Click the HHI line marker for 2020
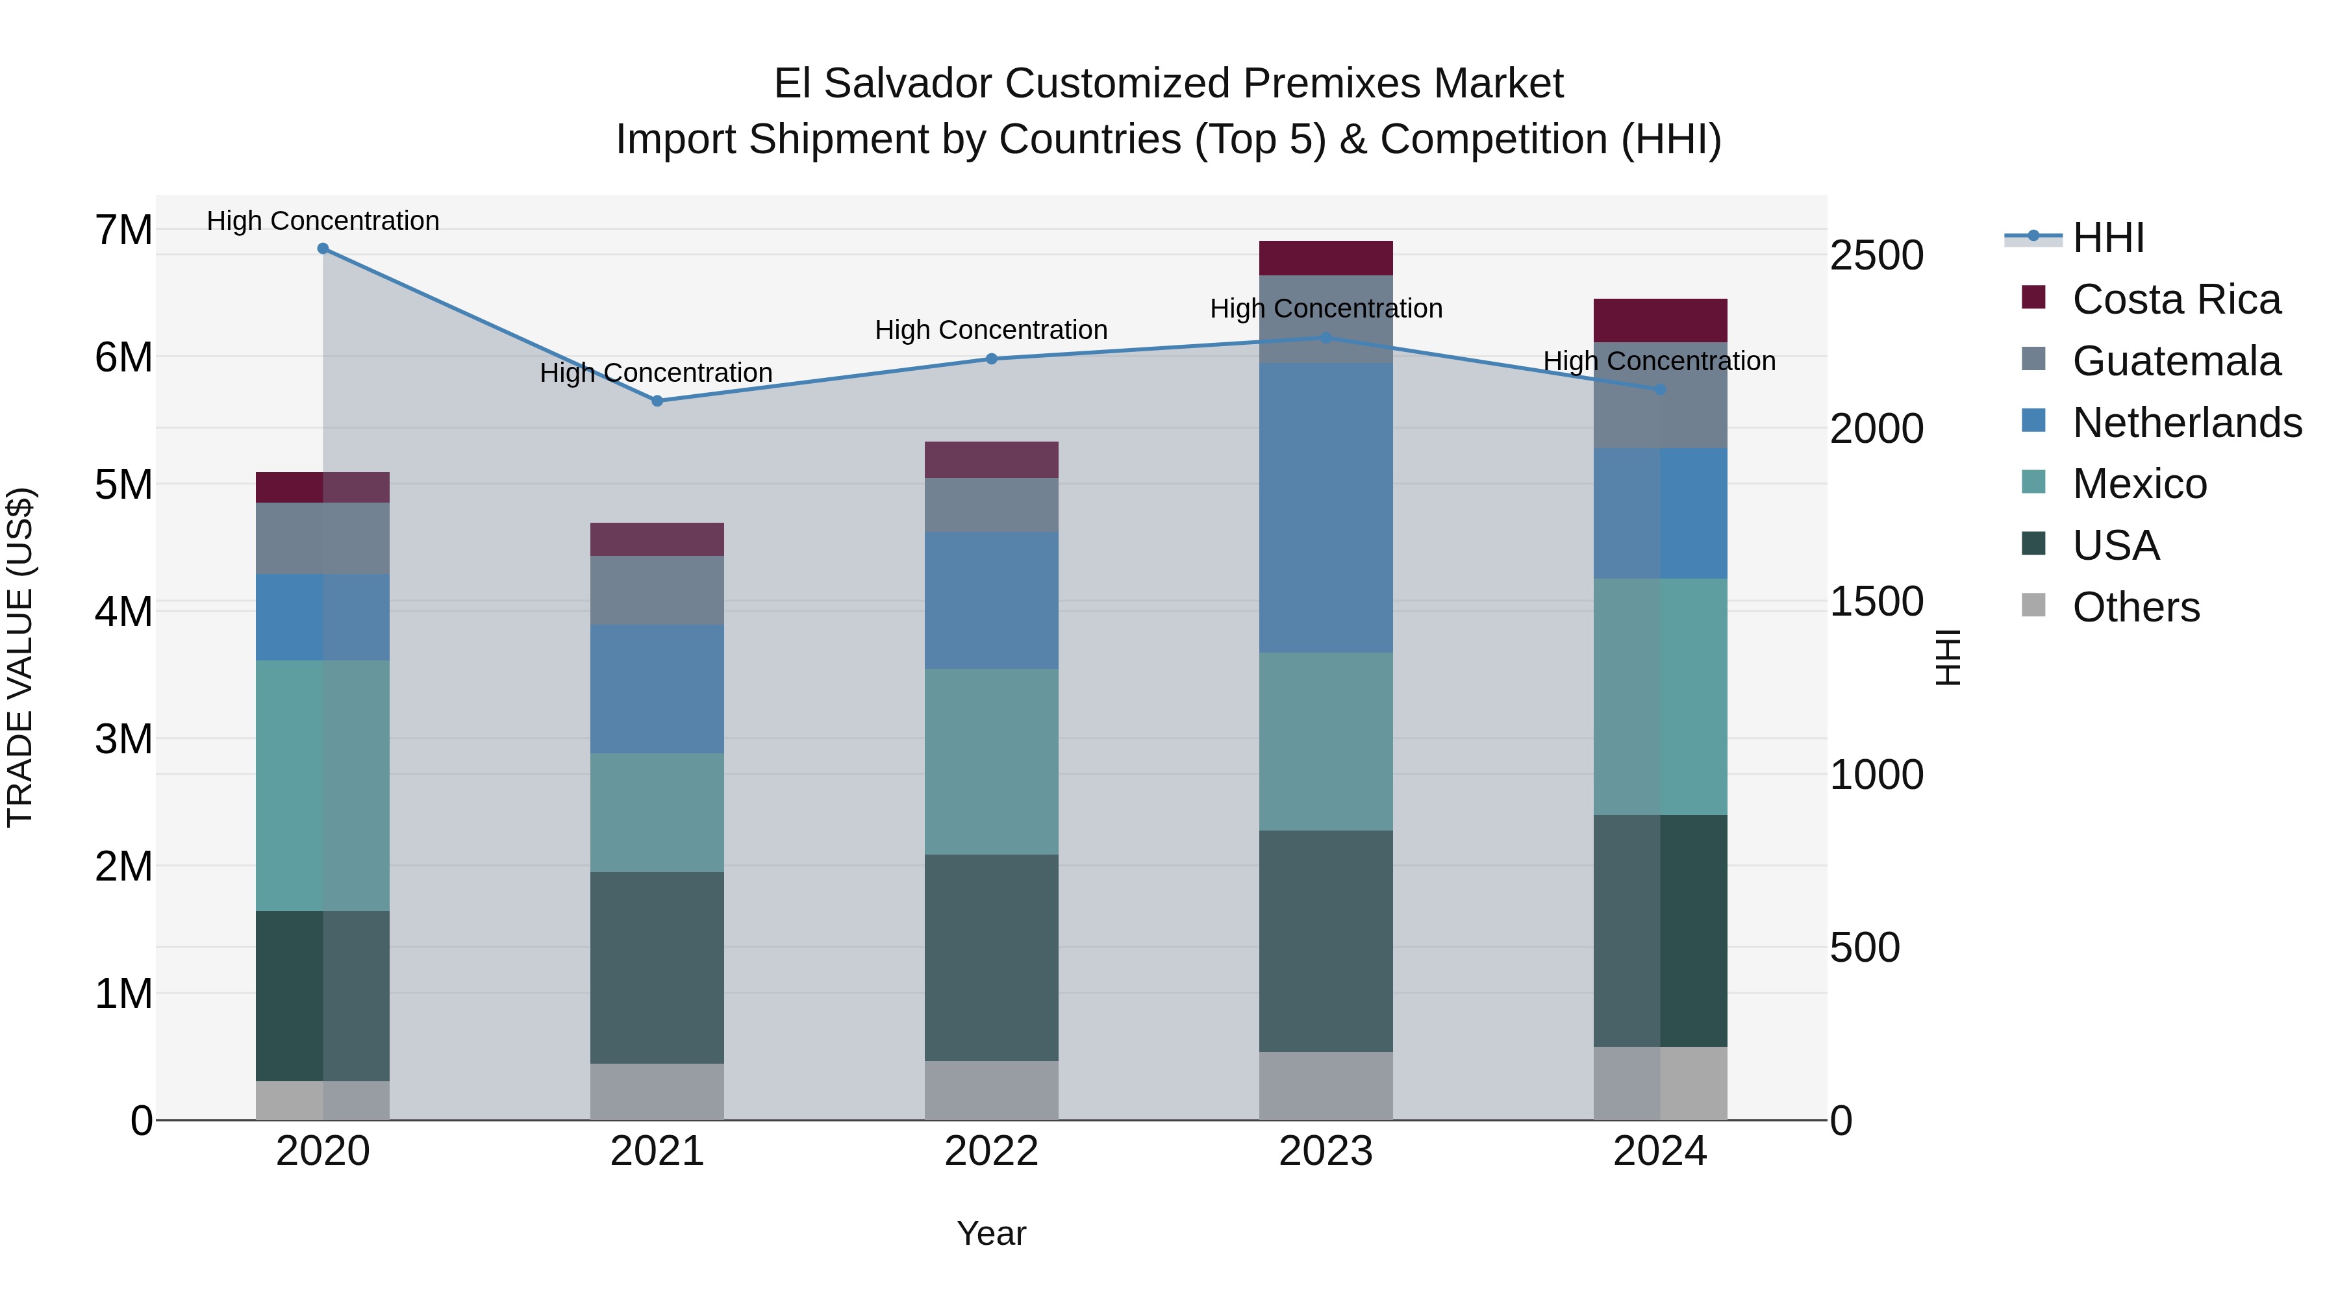(x=323, y=249)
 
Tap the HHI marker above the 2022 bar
(x=991, y=359)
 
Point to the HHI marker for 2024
(x=1660, y=390)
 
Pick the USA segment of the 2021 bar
(x=657, y=968)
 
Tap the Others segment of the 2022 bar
(x=991, y=1090)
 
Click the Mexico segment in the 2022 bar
(x=991, y=762)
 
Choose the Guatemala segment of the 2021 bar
(x=657, y=590)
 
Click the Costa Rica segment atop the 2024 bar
(x=1660, y=320)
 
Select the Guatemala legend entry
(x=2176, y=361)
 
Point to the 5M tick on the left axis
(x=123, y=484)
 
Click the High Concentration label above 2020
(x=323, y=221)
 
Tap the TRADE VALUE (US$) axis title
(x=20, y=657)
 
